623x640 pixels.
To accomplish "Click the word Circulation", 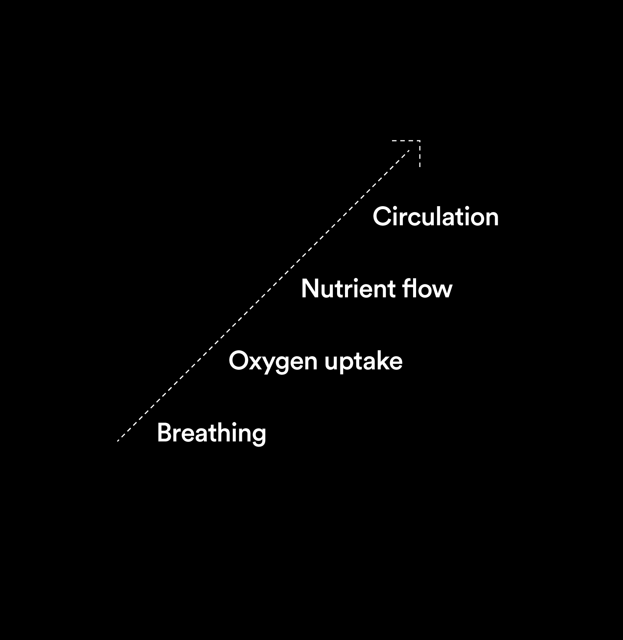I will click(x=435, y=217).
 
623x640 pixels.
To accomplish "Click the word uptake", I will click(x=363, y=362).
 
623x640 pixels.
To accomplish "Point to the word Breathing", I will click(x=211, y=433).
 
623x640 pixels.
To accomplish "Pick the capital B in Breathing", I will click(x=164, y=433).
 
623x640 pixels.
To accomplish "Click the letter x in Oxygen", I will click(x=256, y=362).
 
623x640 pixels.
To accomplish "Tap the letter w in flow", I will click(x=442, y=290).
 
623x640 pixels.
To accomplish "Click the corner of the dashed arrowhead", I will click(x=419, y=141).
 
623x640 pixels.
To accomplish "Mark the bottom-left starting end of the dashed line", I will click(x=118, y=440).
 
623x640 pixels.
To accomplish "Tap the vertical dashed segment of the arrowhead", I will click(x=419, y=155).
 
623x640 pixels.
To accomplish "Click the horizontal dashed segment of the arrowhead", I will click(x=405, y=141).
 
